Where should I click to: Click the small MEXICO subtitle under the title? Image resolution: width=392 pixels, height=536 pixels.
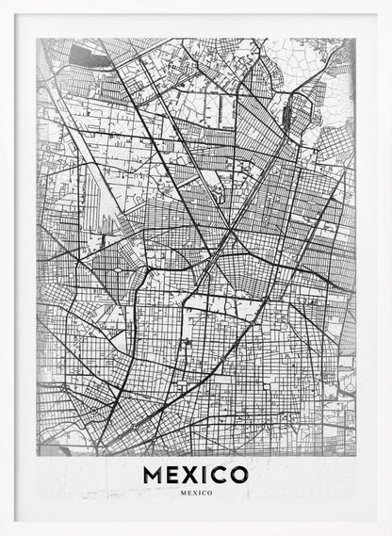point(196,493)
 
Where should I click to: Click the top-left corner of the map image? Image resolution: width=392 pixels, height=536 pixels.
point(37,39)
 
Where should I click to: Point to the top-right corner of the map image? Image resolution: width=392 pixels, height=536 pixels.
point(355,39)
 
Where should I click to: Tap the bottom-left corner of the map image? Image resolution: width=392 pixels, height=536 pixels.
point(37,457)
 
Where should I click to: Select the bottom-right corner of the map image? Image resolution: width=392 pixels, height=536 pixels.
point(355,457)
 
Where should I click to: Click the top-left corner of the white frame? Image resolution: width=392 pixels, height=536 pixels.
point(2,2)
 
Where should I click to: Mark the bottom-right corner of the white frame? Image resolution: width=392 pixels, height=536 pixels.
point(389,533)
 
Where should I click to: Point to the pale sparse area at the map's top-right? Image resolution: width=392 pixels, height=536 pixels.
point(335,89)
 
